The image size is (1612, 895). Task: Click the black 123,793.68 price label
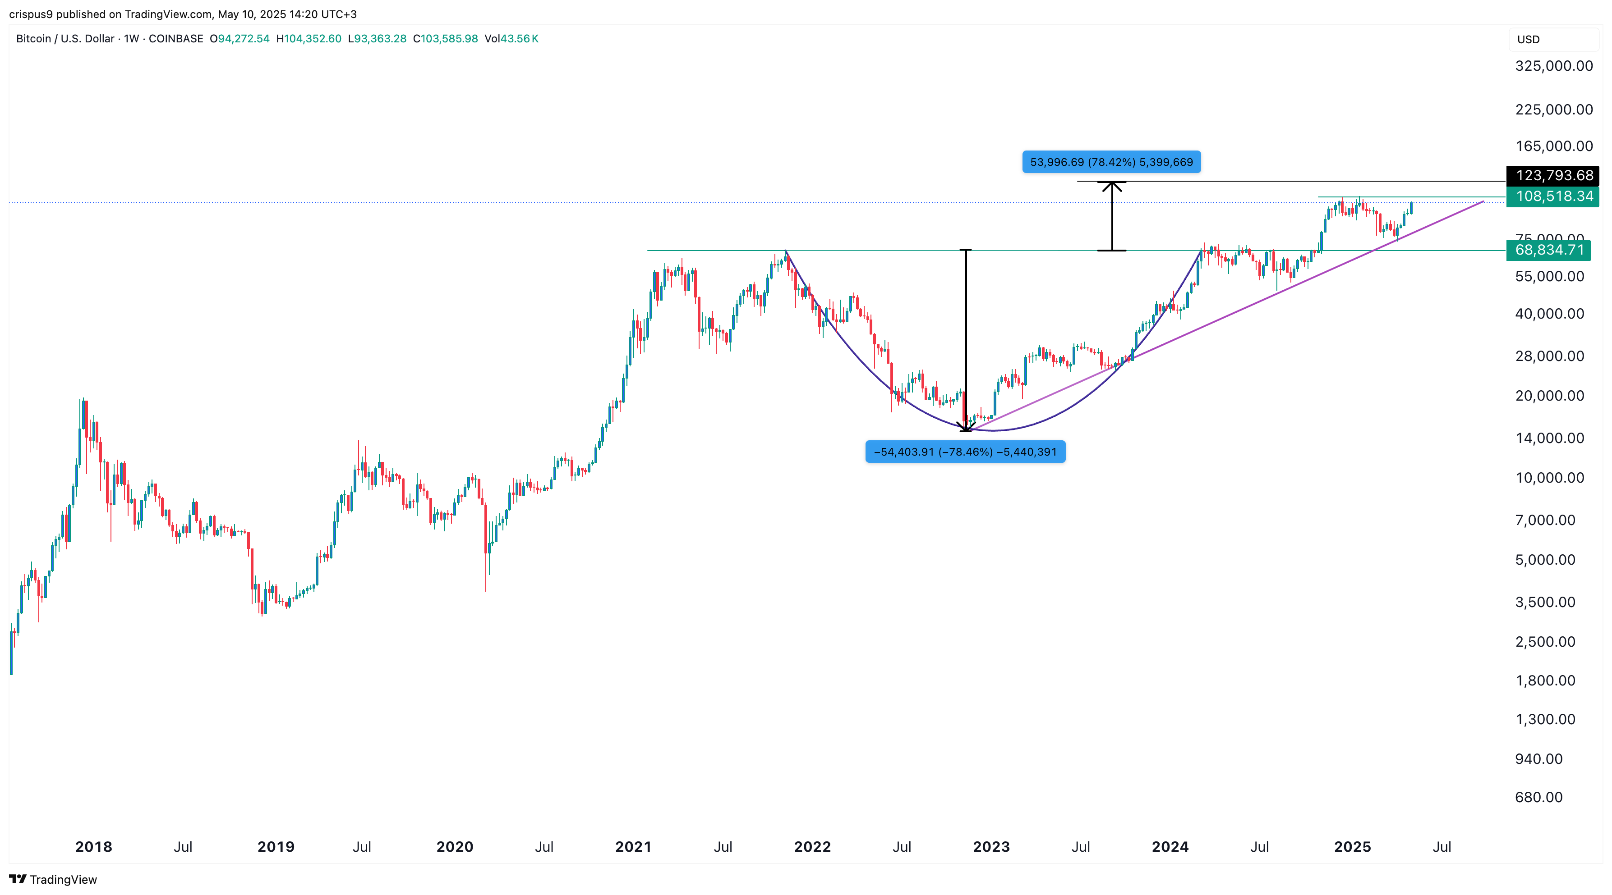(x=1553, y=176)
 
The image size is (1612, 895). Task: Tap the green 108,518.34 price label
(x=1553, y=196)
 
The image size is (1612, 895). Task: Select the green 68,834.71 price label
(x=1549, y=250)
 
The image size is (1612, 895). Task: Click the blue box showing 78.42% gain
(x=1111, y=162)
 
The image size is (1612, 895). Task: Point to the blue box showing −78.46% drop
(x=965, y=452)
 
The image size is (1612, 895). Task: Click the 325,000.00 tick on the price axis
(x=1554, y=66)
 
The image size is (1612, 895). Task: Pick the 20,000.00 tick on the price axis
(x=1549, y=396)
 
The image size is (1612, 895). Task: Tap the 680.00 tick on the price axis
(x=1539, y=797)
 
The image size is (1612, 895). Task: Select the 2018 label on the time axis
(x=94, y=847)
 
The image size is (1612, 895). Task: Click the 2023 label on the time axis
(x=991, y=847)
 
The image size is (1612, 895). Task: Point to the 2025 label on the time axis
(x=1352, y=847)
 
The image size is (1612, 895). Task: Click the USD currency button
(x=1528, y=39)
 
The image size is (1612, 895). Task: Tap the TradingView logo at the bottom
(x=53, y=879)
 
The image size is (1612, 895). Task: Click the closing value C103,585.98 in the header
(x=446, y=39)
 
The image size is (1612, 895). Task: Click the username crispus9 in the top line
(x=31, y=14)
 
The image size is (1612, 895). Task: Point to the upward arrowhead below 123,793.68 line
(x=1112, y=186)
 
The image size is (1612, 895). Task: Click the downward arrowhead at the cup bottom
(x=966, y=427)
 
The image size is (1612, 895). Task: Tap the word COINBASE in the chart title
(x=176, y=39)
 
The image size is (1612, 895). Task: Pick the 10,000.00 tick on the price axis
(x=1549, y=478)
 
